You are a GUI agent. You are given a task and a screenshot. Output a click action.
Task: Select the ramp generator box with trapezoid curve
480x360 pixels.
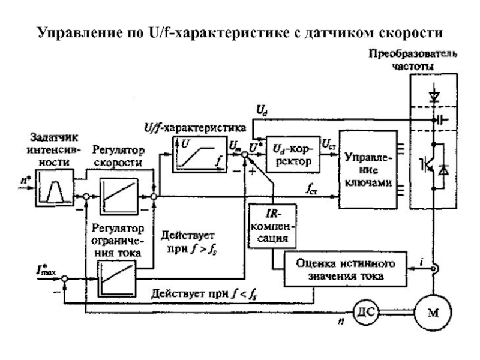point(54,185)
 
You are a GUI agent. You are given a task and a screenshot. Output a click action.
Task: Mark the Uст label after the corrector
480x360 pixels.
point(329,143)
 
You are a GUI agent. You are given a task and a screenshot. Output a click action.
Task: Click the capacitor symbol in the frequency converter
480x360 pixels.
point(442,119)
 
